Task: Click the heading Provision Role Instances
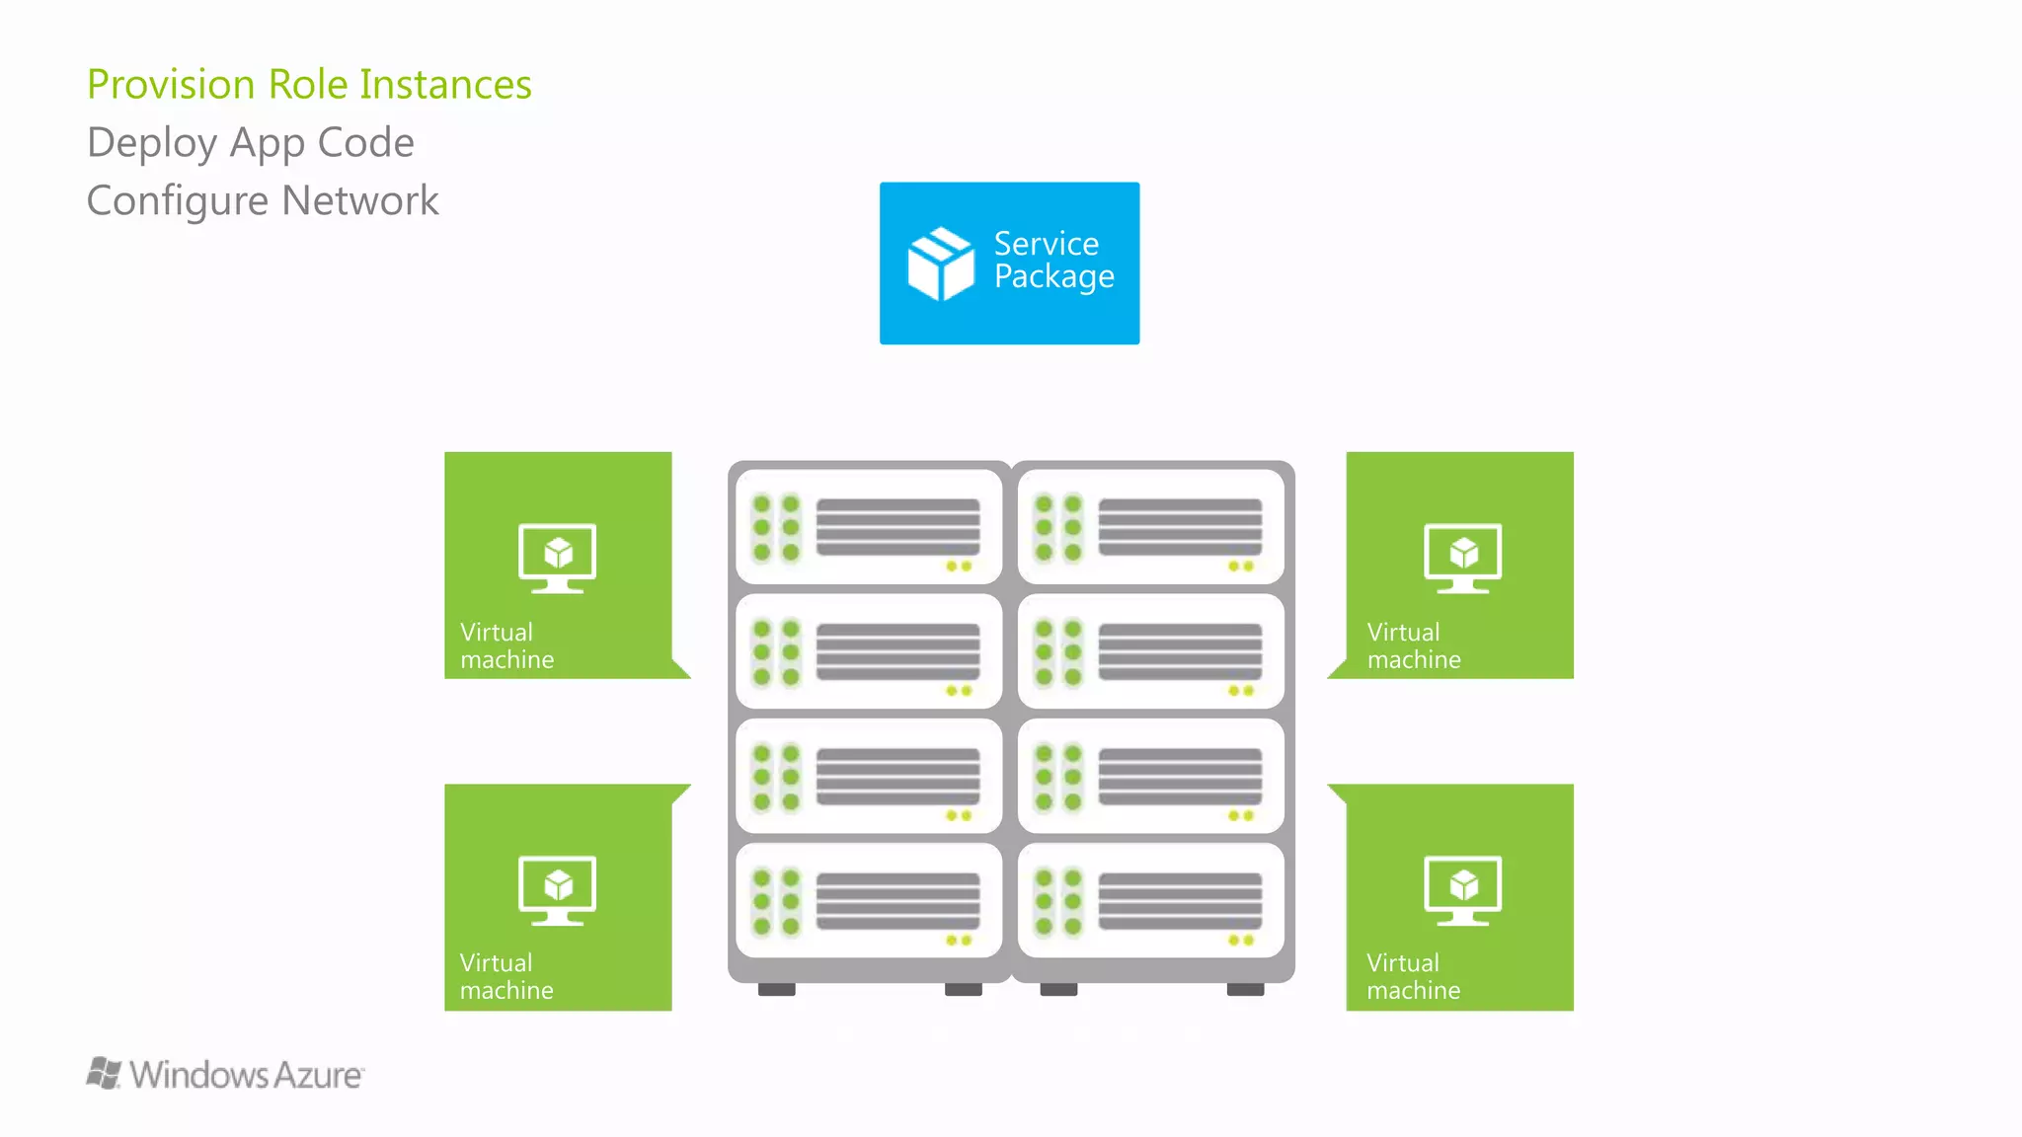[x=309, y=85]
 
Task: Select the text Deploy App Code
[x=251, y=143]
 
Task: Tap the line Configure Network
[x=263, y=201]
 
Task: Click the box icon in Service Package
[x=940, y=264]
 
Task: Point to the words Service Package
[x=1053, y=261]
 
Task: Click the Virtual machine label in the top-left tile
[x=506, y=646]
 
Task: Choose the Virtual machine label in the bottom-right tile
[x=1413, y=977]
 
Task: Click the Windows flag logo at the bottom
[x=104, y=1073]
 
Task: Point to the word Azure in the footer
[x=318, y=1075]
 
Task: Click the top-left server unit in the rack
[x=869, y=527]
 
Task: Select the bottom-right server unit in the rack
[x=1151, y=900]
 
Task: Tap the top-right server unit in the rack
[x=1151, y=527]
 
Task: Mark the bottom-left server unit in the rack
[x=869, y=900]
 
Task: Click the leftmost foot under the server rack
[x=777, y=989]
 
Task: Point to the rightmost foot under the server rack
[x=1245, y=989]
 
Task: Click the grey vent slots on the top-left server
[x=897, y=527]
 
